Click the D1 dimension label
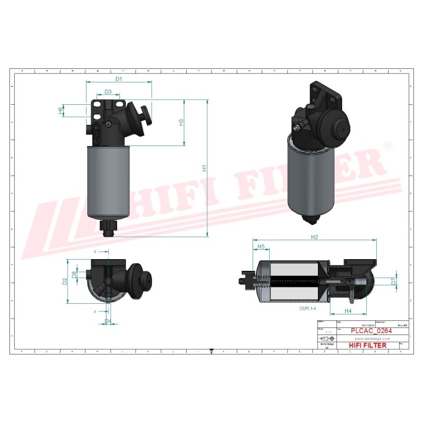click(118, 78)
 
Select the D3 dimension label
click(108, 92)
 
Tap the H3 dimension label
click(181, 122)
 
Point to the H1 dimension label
click(204, 168)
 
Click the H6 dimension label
click(61, 110)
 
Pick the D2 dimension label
click(65, 281)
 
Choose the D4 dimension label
click(108, 321)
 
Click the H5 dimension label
click(261, 246)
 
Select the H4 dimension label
click(347, 310)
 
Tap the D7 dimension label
click(393, 281)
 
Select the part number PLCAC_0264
click(371, 332)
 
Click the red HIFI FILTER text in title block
click(368, 346)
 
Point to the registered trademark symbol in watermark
click(387, 145)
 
